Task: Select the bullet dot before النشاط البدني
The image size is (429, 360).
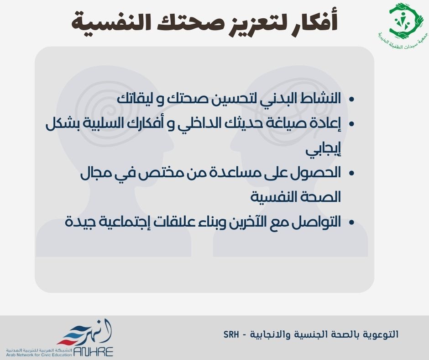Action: (x=351, y=99)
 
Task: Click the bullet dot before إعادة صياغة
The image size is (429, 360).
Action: (x=351, y=124)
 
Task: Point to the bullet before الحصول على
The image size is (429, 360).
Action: (x=351, y=173)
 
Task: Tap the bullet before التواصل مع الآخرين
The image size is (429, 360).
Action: (x=351, y=222)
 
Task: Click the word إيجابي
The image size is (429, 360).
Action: (x=323, y=150)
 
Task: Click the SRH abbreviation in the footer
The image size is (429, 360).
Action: (x=231, y=334)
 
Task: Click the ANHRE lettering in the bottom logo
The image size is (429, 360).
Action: (x=93, y=351)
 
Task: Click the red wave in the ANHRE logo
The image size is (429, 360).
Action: (x=68, y=342)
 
